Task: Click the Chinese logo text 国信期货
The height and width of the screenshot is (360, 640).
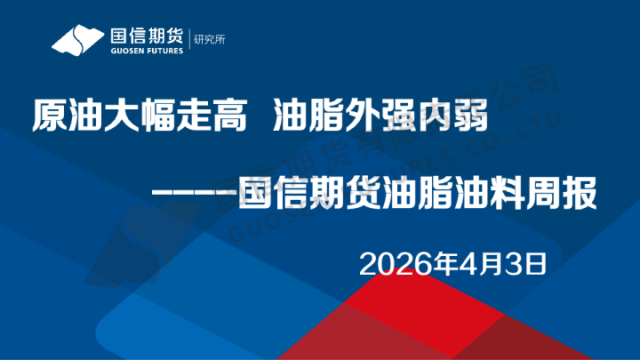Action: pos(146,36)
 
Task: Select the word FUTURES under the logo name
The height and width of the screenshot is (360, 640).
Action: pos(164,52)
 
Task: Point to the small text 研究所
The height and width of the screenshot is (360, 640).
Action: pos(209,40)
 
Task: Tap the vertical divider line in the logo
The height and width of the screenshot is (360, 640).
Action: pos(189,41)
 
